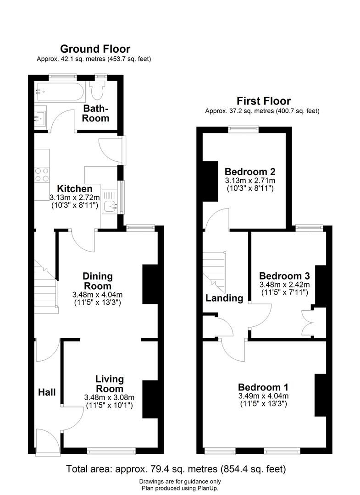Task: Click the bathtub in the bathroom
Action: pyautogui.click(x=59, y=93)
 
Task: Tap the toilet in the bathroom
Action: pyautogui.click(x=98, y=91)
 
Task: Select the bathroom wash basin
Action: pyautogui.click(x=40, y=116)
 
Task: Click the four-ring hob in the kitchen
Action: pyautogui.click(x=42, y=174)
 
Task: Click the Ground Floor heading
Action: pyautogui.click(x=95, y=49)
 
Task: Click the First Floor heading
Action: pyautogui.click(x=263, y=101)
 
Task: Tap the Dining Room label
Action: pyautogui.click(x=97, y=281)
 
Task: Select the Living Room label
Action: pyautogui.click(x=110, y=384)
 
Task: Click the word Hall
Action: pyautogui.click(x=47, y=392)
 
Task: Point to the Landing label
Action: pyautogui.click(x=224, y=298)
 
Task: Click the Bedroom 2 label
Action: pyautogui.click(x=249, y=172)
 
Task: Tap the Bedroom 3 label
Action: pyautogui.click(x=284, y=276)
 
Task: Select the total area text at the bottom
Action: pyautogui.click(x=176, y=469)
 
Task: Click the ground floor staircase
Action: pyautogui.click(x=46, y=286)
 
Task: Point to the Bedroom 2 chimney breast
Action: pyautogui.click(x=210, y=181)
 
